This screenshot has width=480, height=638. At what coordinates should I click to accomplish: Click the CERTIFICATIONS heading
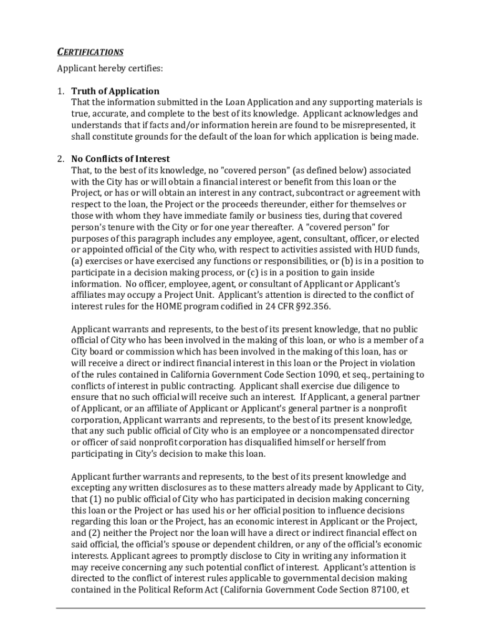coord(90,52)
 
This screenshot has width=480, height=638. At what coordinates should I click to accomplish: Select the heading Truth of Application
coord(115,91)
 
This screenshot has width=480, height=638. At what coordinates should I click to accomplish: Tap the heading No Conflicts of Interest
coord(120,159)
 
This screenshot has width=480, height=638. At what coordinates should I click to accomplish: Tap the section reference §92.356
coord(311,307)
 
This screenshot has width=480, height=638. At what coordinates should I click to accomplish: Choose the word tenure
coord(123,227)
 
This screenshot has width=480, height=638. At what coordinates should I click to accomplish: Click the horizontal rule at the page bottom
coord(241,608)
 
